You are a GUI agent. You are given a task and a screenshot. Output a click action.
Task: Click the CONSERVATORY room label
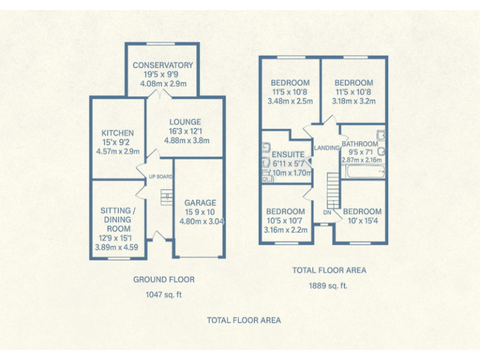point(162,65)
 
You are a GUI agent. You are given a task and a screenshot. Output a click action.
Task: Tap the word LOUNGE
point(186,122)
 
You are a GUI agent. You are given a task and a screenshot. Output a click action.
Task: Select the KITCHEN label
point(117,133)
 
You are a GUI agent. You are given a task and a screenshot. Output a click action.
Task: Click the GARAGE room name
point(200,202)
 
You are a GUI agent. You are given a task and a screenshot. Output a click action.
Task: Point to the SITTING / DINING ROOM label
point(116,220)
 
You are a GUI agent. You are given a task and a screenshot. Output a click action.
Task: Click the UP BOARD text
point(161,177)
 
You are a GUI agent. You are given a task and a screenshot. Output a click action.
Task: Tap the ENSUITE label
point(288,154)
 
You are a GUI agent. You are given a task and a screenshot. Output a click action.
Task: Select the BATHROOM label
point(359,144)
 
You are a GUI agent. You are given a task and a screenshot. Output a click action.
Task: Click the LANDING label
point(327,148)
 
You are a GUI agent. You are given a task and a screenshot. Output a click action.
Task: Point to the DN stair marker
point(326,212)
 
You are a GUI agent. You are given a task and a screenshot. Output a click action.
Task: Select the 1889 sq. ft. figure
point(329,285)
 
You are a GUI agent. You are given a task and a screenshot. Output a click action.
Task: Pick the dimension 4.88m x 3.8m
point(186,141)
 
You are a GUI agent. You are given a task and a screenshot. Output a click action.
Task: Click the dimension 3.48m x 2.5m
point(290,101)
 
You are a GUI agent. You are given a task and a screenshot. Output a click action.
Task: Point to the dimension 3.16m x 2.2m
point(286,230)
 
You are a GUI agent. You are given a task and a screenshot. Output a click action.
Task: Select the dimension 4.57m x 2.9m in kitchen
point(117,151)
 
